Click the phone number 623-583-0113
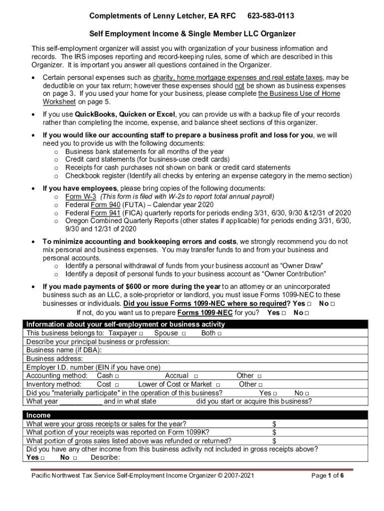[270, 16]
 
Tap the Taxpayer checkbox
[141, 333]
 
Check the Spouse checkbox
[184, 333]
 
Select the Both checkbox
[219, 333]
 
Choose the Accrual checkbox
[196, 376]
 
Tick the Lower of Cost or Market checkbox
[217, 385]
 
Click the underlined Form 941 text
[105, 213]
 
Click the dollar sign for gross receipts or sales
[274, 424]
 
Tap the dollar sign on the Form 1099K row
[274, 432]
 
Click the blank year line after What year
[81, 401]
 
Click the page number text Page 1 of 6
[327, 476]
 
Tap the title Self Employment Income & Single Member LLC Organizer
[192, 34]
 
